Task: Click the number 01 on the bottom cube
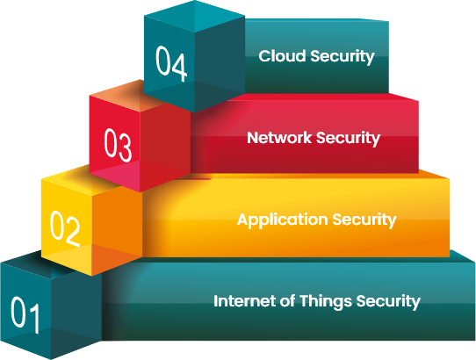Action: (x=25, y=313)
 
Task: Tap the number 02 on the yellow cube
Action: (x=65, y=228)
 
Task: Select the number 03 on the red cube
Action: (x=118, y=145)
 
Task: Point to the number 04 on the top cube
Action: (x=171, y=63)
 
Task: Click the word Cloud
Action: (x=282, y=56)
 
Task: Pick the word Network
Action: (x=279, y=138)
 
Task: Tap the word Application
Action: (x=282, y=220)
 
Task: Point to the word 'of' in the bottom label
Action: (x=288, y=301)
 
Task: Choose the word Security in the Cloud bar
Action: (x=343, y=57)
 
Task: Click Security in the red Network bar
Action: (x=348, y=139)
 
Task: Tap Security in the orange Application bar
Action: (x=364, y=220)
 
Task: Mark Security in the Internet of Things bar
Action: (x=388, y=302)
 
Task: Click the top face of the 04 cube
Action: (x=195, y=16)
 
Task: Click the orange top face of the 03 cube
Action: (x=127, y=97)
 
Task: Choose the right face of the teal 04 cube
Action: (x=220, y=64)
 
